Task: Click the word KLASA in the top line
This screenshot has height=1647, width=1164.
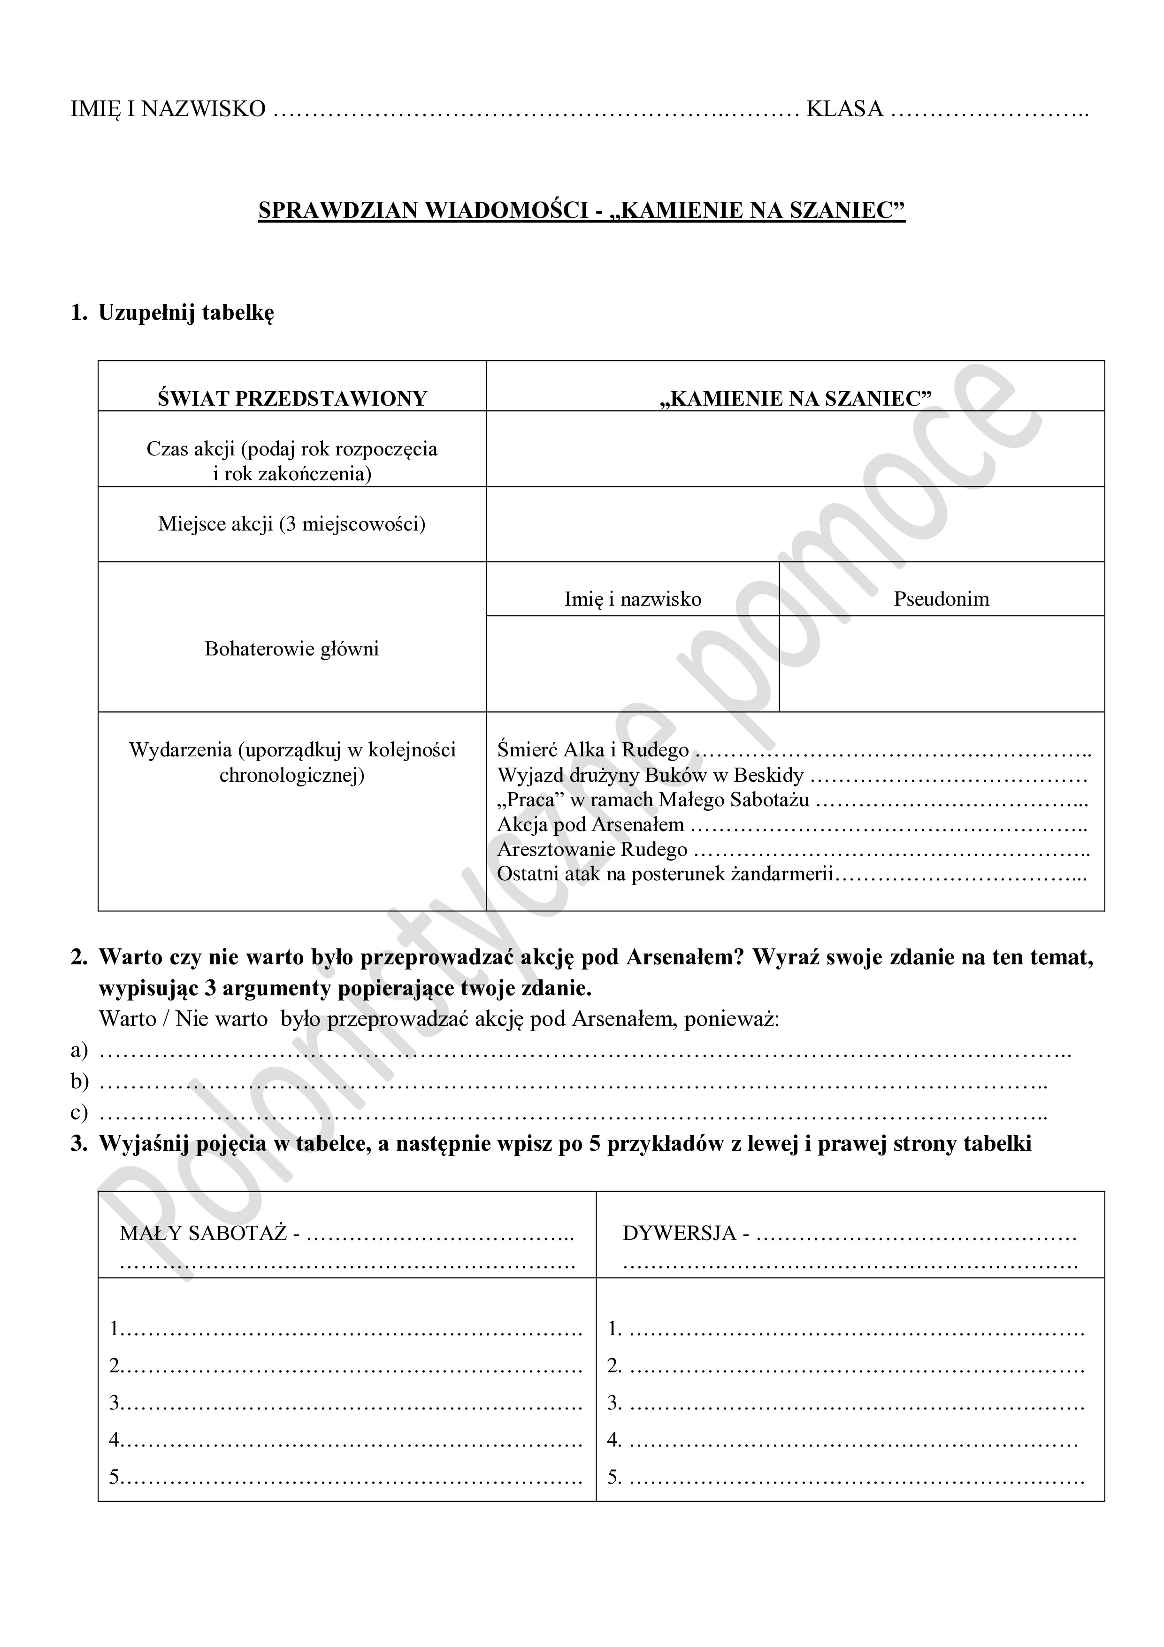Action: pyautogui.click(x=844, y=109)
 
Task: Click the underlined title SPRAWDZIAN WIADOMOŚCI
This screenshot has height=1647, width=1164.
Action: pyautogui.click(x=426, y=210)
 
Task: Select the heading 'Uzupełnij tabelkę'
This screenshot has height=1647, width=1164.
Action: pyautogui.click(x=186, y=313)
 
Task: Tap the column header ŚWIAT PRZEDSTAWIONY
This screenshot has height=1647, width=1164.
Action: pyautogui.click(x=292, y=398)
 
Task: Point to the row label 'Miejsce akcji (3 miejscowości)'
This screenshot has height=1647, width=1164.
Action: pyautogui.click(x=292, y=523)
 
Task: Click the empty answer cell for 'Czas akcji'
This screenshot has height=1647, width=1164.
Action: pyautogui.click(x=795, y=449)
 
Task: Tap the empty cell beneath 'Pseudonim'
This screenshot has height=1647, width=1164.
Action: pyautogui.click(x=941, y=663)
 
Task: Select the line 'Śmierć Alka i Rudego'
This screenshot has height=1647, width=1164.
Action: pyautogui.click(x=593, y=750)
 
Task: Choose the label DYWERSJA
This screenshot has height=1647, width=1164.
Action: pyautogui.click(x=679, y=1233)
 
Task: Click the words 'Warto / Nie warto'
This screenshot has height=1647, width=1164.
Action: pyautogui.click(x=184, y=1019)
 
